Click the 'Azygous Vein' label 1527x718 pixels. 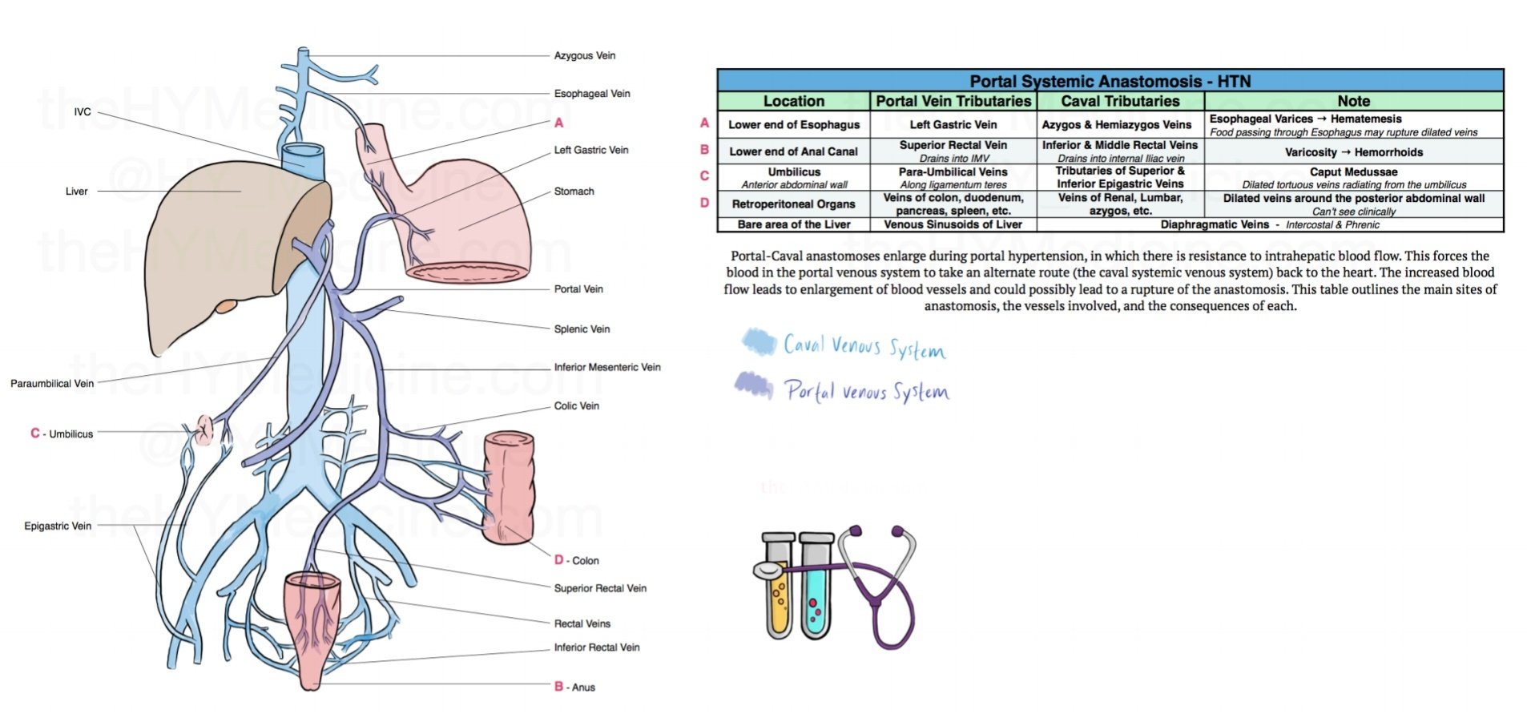tap(584, 55)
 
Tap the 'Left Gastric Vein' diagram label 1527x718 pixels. tap(590, 150)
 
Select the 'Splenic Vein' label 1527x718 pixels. tap(582, 329)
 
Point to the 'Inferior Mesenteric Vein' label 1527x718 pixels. tap(606, 367)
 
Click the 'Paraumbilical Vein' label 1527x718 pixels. tap(52, 383)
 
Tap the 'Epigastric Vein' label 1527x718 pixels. tap(58, 526)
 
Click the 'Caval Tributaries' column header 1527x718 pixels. tap(1119, 101)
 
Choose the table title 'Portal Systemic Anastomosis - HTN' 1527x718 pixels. tap(1110, 81)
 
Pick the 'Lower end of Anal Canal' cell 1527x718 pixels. tap(793, 151)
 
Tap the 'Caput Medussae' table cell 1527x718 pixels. tap(1353, 172)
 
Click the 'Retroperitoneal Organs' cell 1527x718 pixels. tap(793, 204)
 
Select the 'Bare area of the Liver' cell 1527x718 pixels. tap(793, 224)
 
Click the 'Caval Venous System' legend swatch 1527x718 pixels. tap(758, 342)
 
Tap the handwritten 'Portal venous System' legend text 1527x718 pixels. tap(866, 391)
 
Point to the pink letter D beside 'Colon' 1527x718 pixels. tap(558, 559)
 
